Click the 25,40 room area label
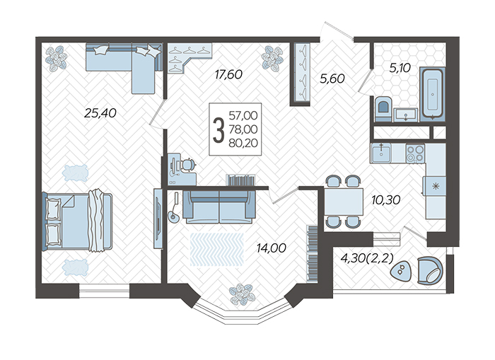pyautogui.click(x=100, y=112)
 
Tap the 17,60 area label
pyautogui.click(x=228, y=74)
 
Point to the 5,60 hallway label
pyautogui.click(x=332, y=79)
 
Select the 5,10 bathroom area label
pyautogui.click(x=400, y=68)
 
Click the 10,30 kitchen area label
pyautogui.click(x=386, y=199)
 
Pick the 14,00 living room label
pyautogui.click(x=272, y=248)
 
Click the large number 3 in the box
pyautogui.click(x=219, y=130)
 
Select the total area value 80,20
pyautogui.click(x=243, y=143)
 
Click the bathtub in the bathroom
pyautogui.click(x=432, y=94)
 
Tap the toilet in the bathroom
pyautogui.click(x=383, y=109)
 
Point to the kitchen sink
pyautogui.click(x=381, y=153)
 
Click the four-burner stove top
pyautogui.click(x=415, y=153)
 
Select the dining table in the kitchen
pyautogui.click(x=344, y=202)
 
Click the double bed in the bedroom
pyautogui.click(x=77, y=219)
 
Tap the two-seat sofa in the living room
pyautogui.click(x=219, y=207)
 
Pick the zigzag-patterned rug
pyautogui.click(x=217, y=249)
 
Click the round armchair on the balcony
pyautogui.click(x=430, y=271)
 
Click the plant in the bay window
pyautogui.click(x=242, y=294)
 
